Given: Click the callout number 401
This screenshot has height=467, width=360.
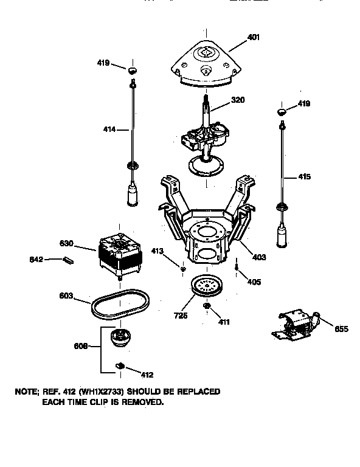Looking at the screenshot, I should (254, 37).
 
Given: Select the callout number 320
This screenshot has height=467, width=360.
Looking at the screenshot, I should (238, 100).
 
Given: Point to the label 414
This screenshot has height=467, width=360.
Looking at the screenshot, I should (109, 129).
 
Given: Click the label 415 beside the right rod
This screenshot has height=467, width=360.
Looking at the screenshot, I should (304, 177).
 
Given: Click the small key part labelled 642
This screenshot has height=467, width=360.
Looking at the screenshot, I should (67, 261).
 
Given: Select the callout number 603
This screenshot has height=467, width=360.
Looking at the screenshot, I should (66, 296).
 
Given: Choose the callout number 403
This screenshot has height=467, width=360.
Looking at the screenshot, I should (259, 257).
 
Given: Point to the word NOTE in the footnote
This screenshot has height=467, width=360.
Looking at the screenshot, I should (26, 392).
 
